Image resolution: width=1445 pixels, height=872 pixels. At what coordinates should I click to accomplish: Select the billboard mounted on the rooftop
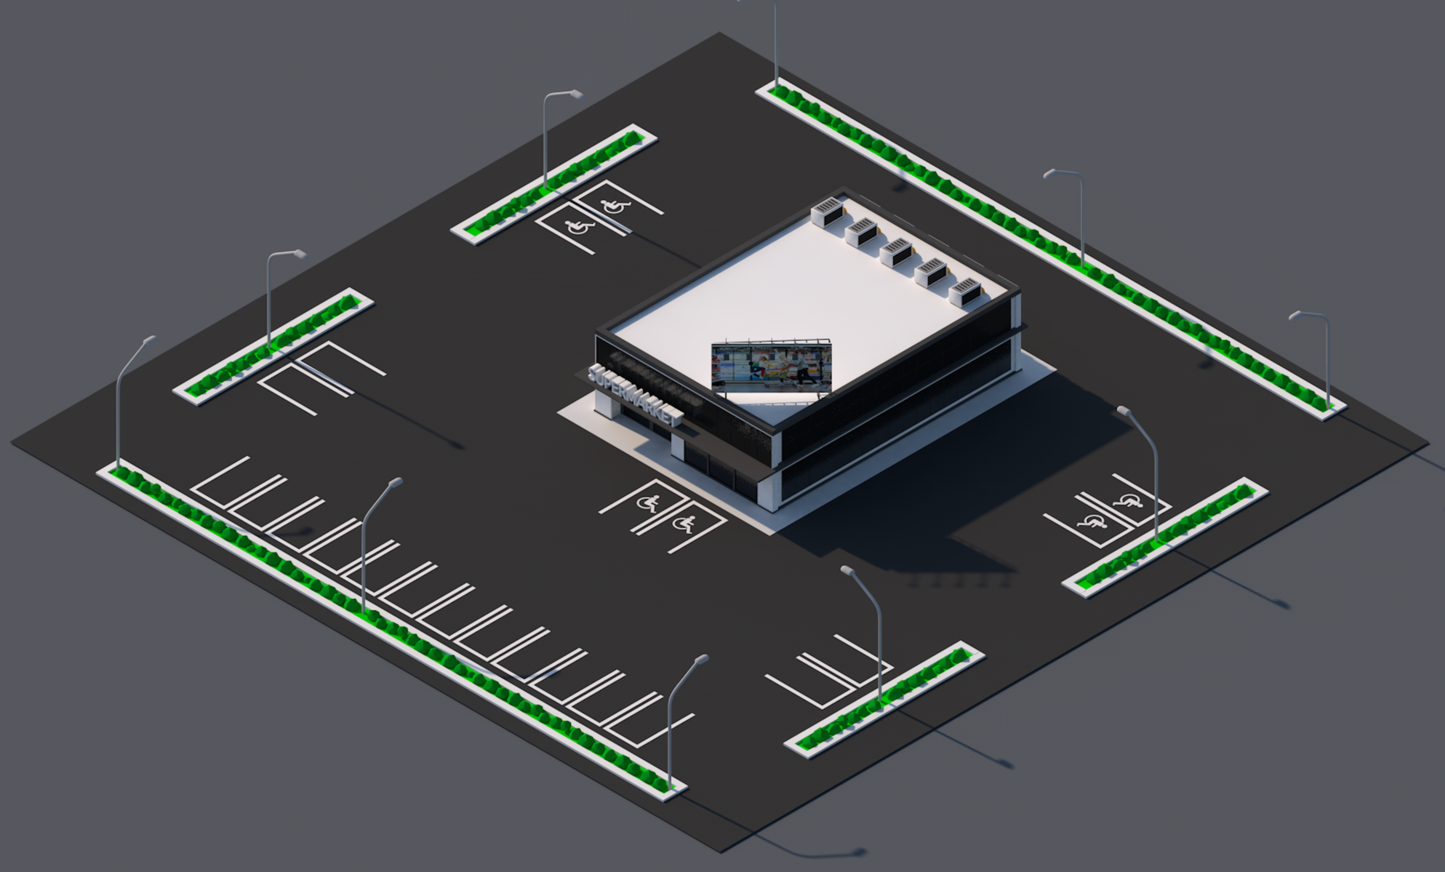771,368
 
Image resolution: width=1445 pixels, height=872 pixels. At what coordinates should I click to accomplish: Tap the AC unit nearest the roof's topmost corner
827,212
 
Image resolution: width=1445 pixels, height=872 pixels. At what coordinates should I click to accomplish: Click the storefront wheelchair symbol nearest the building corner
684,524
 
